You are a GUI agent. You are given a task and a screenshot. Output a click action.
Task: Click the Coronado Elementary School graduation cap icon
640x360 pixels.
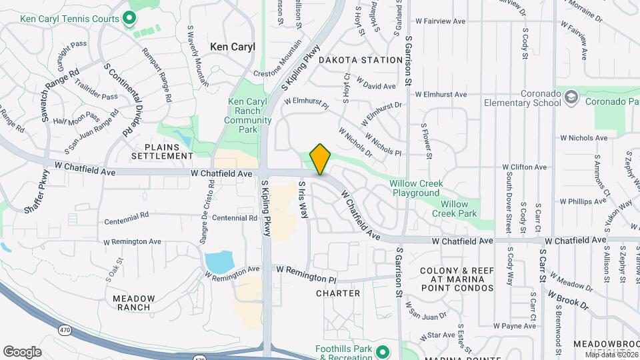pos(571,98)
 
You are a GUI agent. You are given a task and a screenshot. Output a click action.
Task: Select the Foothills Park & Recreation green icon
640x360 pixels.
pos(382,351)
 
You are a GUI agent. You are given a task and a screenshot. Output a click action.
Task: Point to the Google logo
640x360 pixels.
pos(22,352)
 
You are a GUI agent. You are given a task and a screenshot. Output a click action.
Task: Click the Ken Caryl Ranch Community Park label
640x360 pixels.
pos(247,111)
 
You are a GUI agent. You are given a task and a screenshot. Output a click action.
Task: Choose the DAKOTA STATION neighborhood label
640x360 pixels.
pos(360,60)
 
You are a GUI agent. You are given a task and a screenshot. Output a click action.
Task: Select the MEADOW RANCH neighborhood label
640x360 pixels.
pos(134,303)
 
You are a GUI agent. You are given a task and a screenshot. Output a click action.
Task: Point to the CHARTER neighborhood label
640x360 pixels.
pos(338,293)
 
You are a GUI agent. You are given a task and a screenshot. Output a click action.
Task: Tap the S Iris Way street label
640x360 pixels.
pos(304,200)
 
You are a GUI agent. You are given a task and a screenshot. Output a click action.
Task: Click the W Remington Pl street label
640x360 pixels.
pos(306,274)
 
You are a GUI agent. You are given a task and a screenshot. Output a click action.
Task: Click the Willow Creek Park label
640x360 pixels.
pos(454,209)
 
